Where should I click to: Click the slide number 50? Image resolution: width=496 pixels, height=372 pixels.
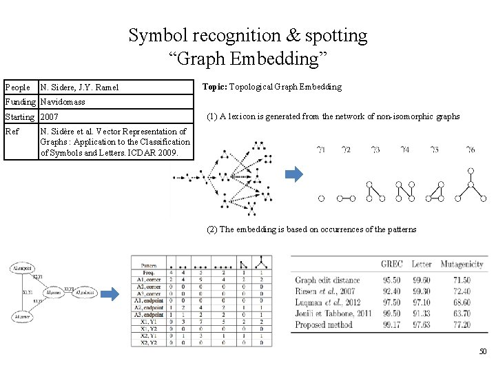click(x=483, y=352)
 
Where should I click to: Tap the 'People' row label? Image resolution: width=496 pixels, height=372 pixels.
click(x=18, y=87)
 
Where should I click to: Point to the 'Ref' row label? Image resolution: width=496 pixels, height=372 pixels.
click(x=12, y=131)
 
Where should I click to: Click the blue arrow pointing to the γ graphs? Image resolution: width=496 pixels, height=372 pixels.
click(x=293, y=175)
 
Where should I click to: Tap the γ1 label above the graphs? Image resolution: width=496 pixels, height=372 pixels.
click(x=320, y=149)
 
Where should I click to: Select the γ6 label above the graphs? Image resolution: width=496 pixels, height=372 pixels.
click(x=471, y=149)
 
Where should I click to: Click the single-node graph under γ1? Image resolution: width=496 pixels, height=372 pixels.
click(x=320, y=198)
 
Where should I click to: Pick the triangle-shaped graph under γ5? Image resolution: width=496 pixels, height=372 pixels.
click(x=435, y=192)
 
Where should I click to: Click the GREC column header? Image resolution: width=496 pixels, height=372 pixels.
click(x=392, y=264)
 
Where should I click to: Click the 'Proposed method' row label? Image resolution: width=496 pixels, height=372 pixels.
click(x=324, y=324)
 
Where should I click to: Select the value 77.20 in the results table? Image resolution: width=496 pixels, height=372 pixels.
click(x=462, y=324)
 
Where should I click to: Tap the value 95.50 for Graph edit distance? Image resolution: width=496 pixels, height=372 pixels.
click(x=392, y=280)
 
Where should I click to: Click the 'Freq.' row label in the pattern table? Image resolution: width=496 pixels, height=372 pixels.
click(x=148, y=272)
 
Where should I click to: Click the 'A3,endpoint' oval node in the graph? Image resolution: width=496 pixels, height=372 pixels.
click(x=87, y=292)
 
